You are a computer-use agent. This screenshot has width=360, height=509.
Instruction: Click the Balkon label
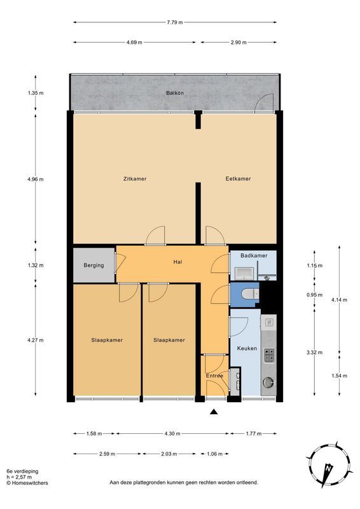pos(175,93)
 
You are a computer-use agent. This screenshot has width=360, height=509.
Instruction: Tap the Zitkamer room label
pos(135,179)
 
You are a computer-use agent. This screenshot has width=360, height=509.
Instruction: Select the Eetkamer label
pos(239,179)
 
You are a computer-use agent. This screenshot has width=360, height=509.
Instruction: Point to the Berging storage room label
pos(93,265)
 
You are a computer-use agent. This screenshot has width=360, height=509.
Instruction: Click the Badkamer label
pos(254,256)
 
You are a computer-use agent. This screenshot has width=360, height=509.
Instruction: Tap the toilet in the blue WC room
pos(250,294)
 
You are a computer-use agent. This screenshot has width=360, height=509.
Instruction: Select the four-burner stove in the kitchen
pos(269,356)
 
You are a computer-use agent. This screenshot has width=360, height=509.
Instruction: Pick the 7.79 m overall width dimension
pos(175,22)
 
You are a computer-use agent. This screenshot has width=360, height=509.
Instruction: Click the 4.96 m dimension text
pos(36,179)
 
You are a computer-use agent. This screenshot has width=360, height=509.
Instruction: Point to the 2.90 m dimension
pos(239,42)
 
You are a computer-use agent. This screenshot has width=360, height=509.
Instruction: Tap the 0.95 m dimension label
pos(315,295)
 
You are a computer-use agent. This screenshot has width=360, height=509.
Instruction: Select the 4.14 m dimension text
pos(339,300)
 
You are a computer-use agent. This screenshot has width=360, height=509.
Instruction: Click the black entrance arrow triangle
pos(213,412)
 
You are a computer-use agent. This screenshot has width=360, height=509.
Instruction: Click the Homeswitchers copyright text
pos(27,483)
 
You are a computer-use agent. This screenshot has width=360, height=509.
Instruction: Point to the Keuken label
pos(247,348)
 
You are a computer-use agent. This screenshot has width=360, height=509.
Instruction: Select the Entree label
pos(214,375)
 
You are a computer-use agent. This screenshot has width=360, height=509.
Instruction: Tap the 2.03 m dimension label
pos(169,454)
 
